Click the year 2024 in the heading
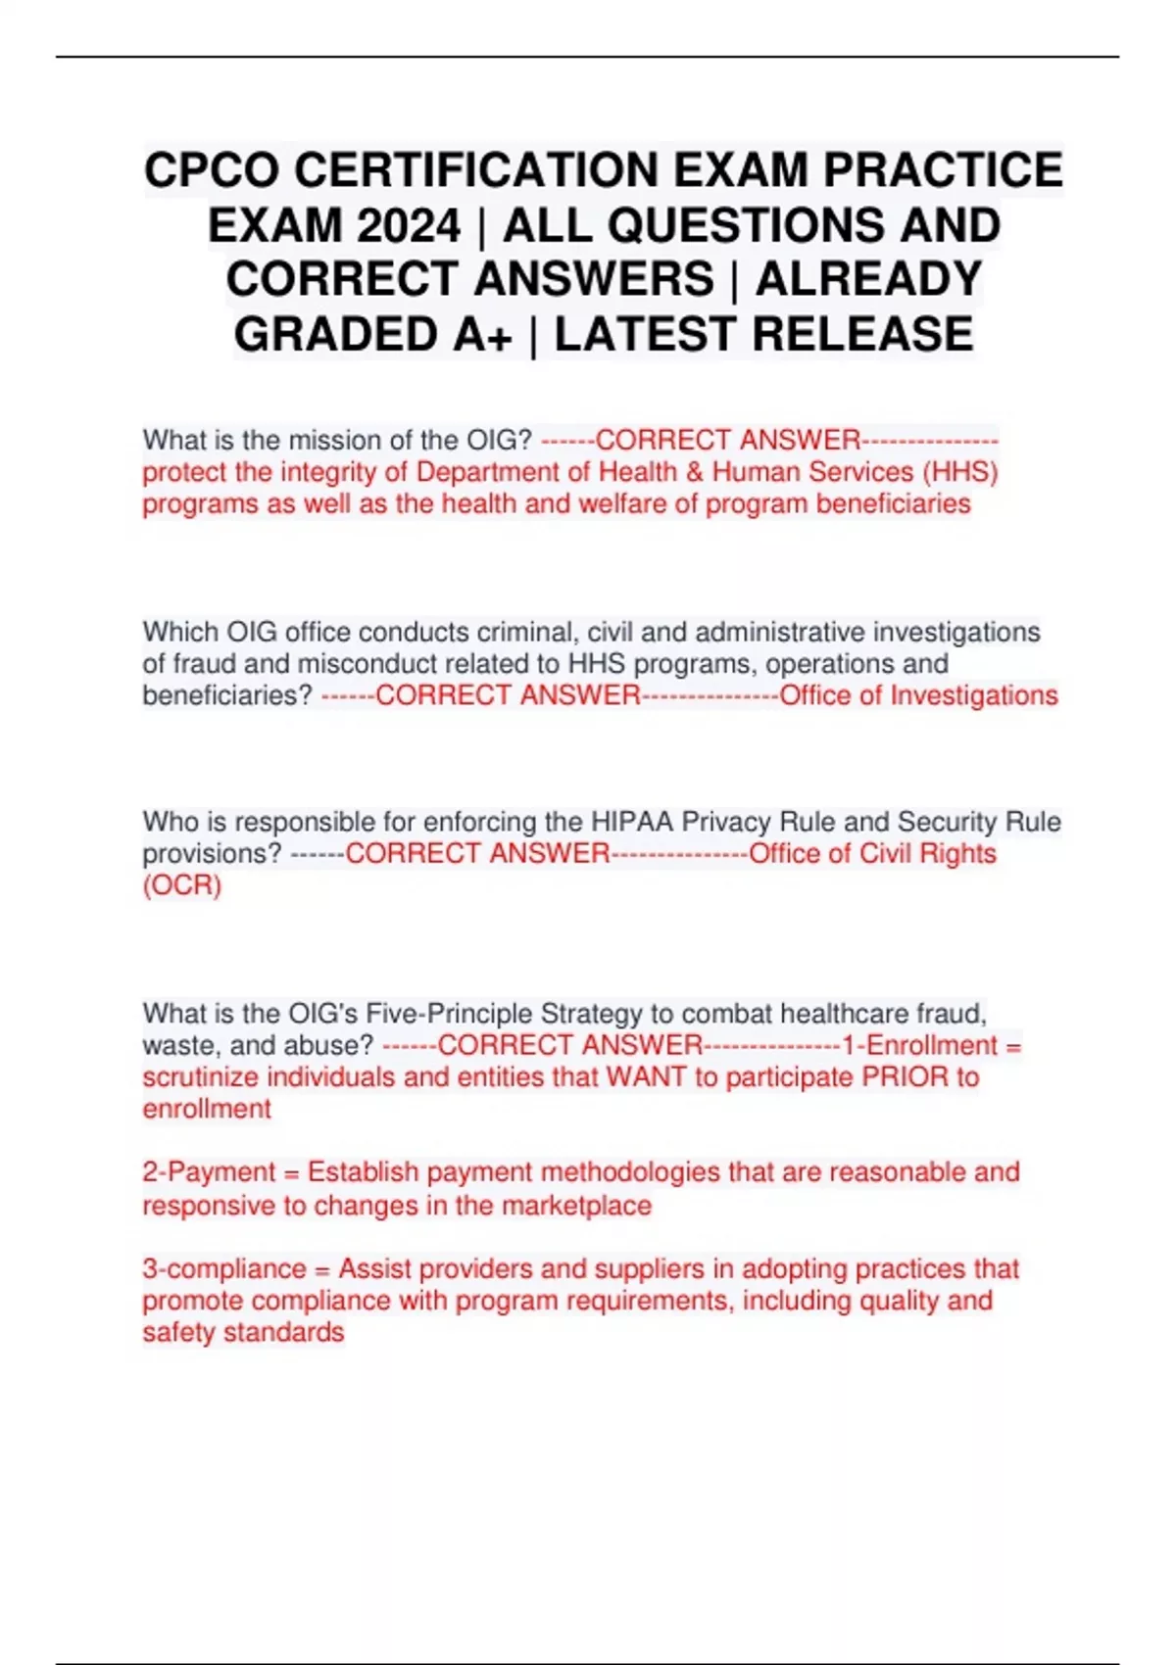click(x=409, y=226)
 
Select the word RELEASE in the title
click(x=862, y=335)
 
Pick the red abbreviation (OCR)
click(x=182, y=885)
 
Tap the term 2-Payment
click(x=208, y=1172)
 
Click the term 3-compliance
click(x=224, y=1268)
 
